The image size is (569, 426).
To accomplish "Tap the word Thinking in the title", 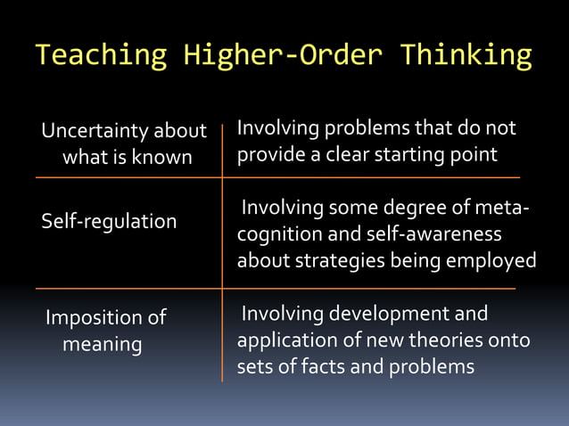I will [x=466, y=56].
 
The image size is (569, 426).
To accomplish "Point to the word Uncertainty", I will [x=95, y=132].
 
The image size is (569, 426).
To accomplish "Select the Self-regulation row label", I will [x=109, y=221].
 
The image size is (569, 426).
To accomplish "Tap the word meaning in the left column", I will [x=102, y=344].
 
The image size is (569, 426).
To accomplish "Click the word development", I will [x=385, y=314].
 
